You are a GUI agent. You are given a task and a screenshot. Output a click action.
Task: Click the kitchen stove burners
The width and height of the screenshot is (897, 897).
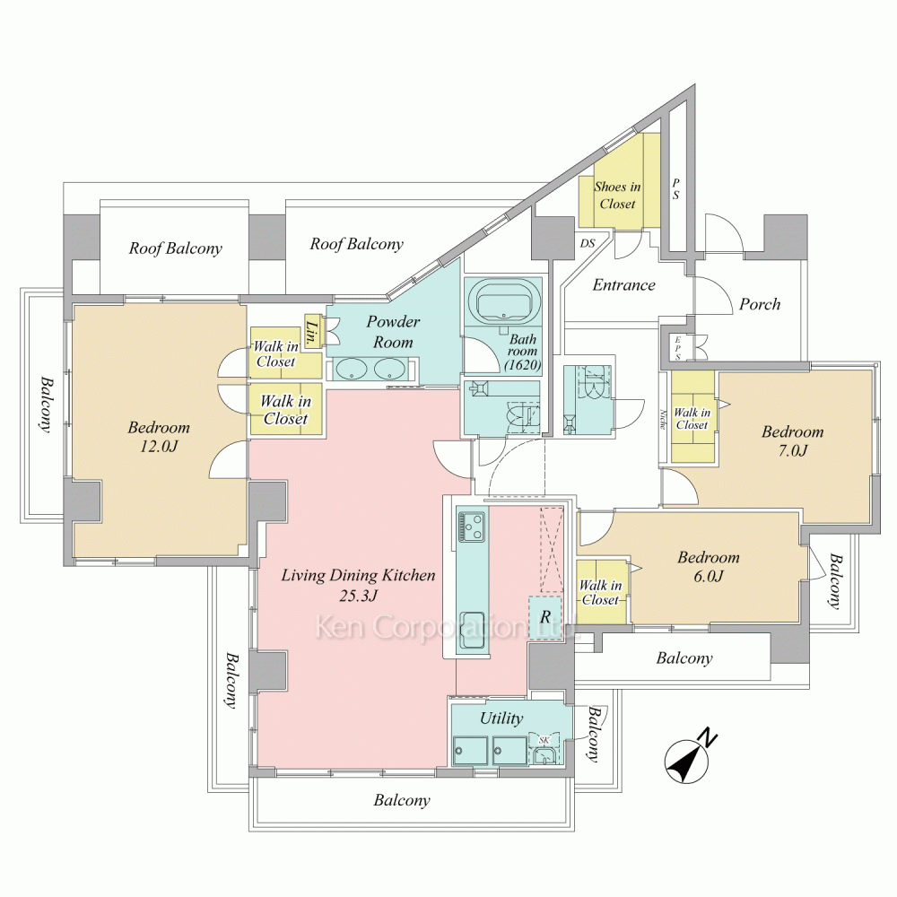click(x=473, y=527)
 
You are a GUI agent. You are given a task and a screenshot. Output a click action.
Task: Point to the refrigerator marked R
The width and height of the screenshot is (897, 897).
click(x=545, y=617)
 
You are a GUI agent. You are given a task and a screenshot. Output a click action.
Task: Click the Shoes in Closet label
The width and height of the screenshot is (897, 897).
click(x=617, y=195)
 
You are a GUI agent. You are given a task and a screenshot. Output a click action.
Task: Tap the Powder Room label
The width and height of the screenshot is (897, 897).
click(x=393, y=332)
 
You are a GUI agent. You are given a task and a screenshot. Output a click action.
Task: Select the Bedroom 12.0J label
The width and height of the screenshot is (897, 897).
click(x=159, y=437)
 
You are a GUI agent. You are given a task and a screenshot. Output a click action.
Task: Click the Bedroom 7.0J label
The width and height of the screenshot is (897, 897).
click(x=792, y=440)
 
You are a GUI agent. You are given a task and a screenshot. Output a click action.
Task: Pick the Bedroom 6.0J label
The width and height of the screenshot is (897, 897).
click(x=709, y=566)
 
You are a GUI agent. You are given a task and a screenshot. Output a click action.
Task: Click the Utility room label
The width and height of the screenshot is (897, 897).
click(x=501, y=718)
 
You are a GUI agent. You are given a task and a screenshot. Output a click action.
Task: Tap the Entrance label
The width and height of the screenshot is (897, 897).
click(x=623, y=285)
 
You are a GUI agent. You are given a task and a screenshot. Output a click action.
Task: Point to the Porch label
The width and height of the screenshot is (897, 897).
click(x=760, y=304)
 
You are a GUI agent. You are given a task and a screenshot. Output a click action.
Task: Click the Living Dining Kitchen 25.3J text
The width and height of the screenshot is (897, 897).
click(x=358, y=585)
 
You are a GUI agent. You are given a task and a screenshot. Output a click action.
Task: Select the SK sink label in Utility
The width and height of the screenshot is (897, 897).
click(x=544, y=740)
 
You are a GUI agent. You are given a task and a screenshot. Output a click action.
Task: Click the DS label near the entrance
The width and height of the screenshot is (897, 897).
click(x=588, y=243)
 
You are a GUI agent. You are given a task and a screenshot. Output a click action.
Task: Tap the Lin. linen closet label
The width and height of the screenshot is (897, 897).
click(x=312, y=331)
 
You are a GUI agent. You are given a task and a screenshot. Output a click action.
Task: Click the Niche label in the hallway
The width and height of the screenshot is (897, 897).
click(x=663, y=419)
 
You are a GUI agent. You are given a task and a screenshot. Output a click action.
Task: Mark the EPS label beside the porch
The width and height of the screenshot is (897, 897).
click(x=678, y=348)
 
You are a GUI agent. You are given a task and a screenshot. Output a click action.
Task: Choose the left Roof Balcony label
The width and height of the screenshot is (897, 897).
click(x=175, y=248)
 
